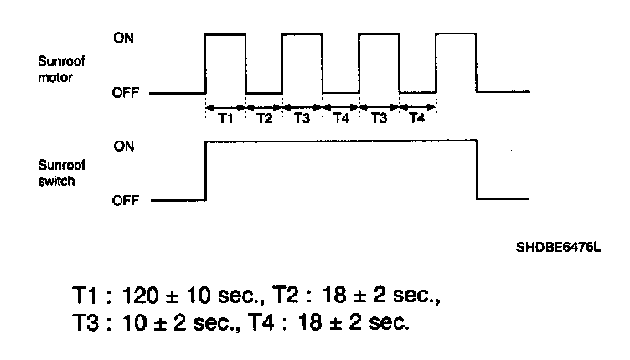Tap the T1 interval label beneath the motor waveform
[225, 119]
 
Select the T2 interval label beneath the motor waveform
[264, 119]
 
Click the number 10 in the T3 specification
[132, 322]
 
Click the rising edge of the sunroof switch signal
[206, 172]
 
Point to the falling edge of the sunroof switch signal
[477, 172]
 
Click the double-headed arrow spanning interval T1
[225, 106]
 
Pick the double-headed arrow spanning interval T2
[264, 106]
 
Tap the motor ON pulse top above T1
[225, 34]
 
